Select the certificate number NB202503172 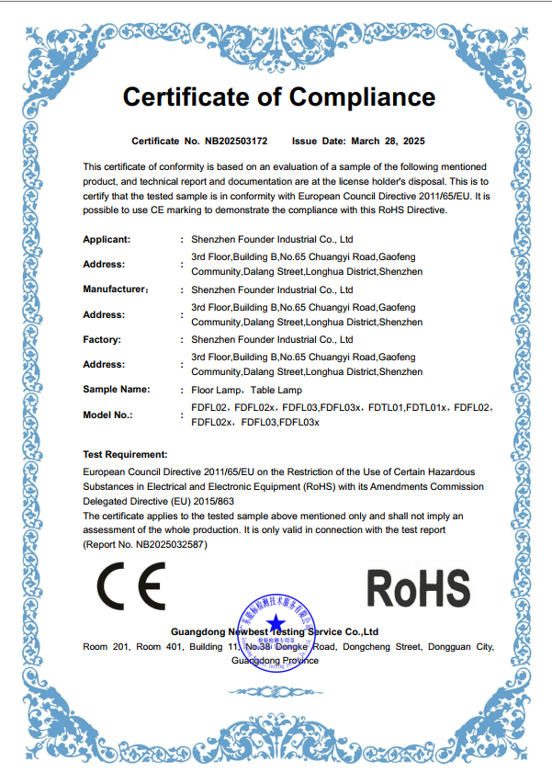(x=236, y=142)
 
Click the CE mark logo (x=131, y=586)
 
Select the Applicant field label (x=107, y=239)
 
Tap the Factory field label (x=102, y=339)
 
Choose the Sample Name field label (x=116, y=390)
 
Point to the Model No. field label (x=107, y=415)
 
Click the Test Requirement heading (x=125, y=454)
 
